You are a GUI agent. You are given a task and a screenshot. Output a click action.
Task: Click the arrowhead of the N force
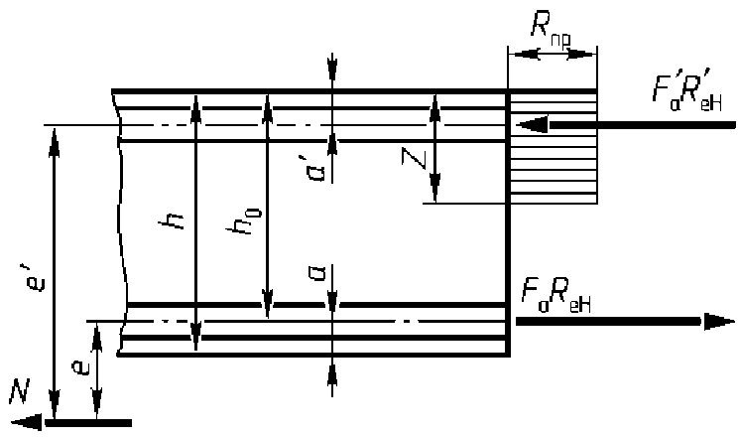(x=30, y=422)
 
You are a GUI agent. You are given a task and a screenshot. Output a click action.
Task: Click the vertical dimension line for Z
(x=433, y=149)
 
